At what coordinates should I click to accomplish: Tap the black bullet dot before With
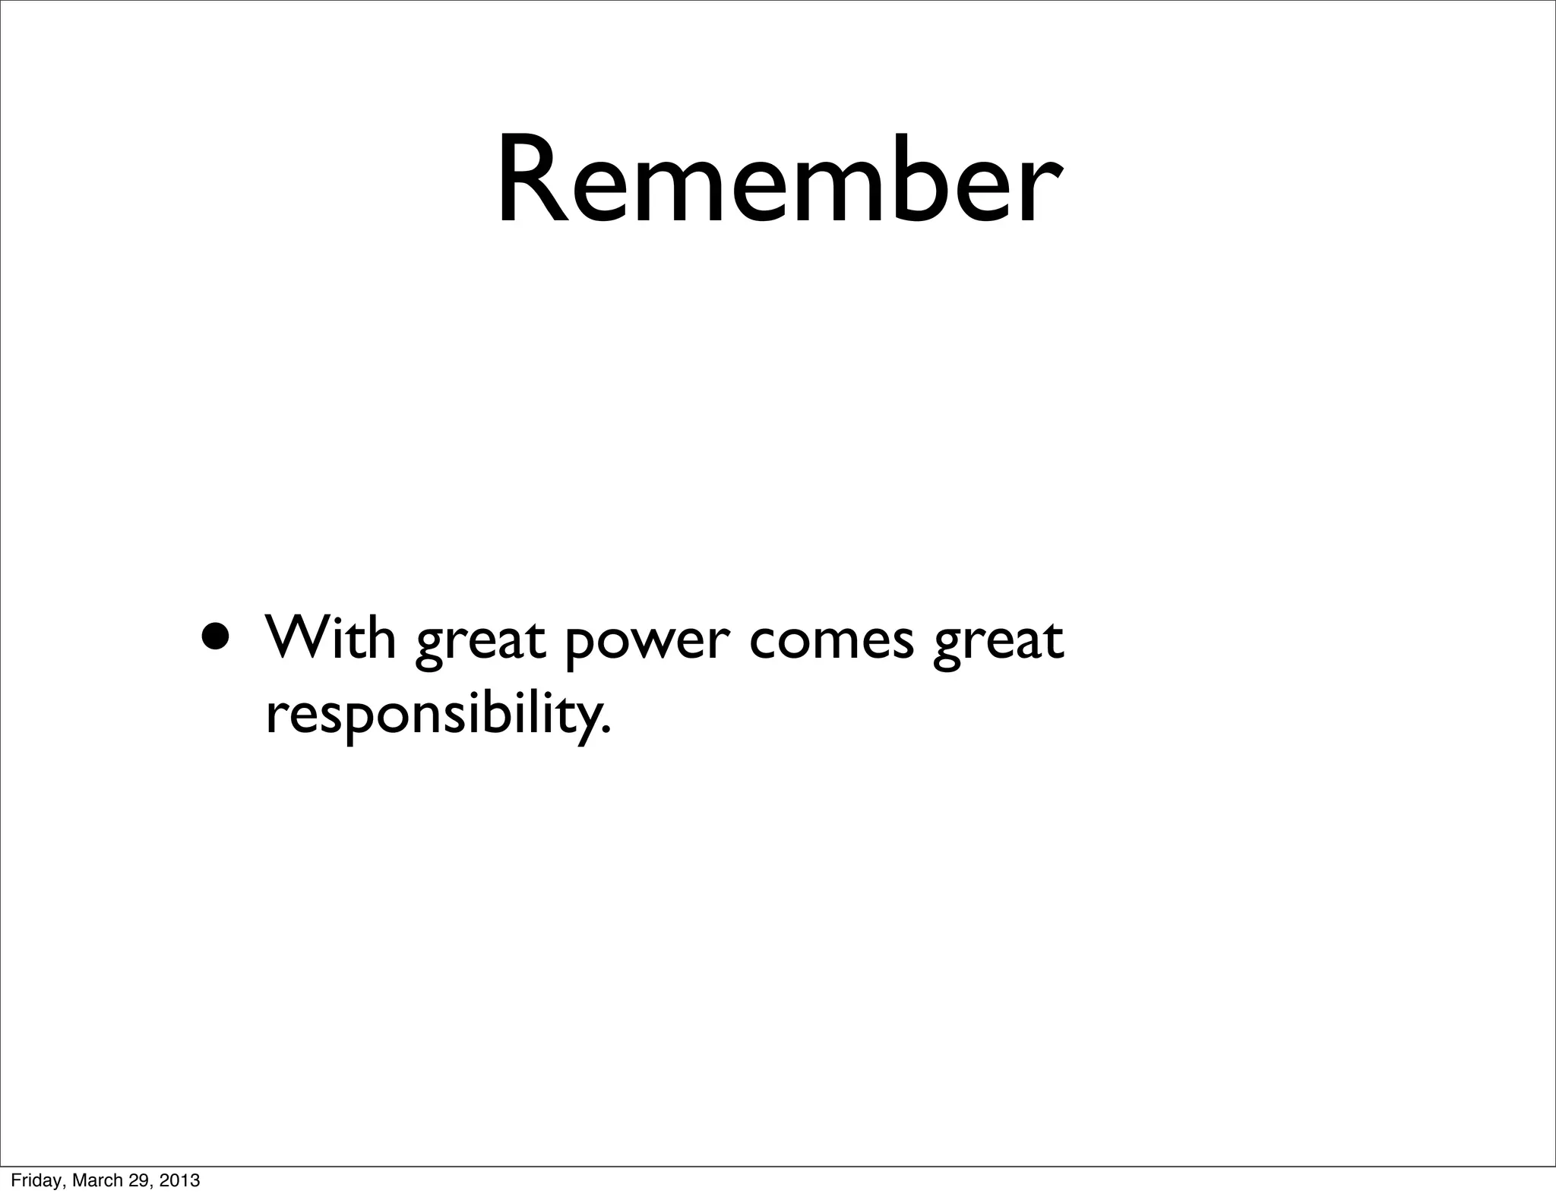click(214, 635)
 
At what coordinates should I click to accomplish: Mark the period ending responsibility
click(606, 731)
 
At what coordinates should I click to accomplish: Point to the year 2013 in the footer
click(180, 1180)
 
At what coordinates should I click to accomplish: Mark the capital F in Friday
click(14, 1180)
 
